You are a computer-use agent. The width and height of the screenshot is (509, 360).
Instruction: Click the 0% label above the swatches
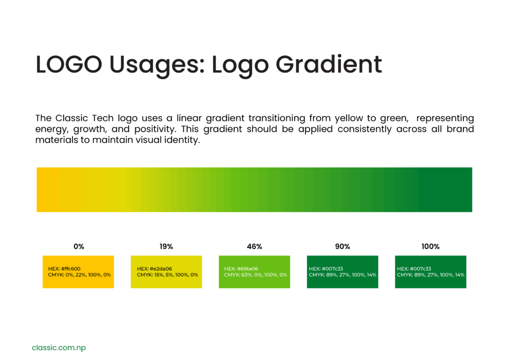coord(79,247)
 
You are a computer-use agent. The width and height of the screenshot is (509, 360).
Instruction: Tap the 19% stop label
coord(166,247)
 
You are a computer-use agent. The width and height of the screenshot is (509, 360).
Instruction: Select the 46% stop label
coord(254,247)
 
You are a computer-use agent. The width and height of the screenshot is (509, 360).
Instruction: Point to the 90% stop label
coord(342,247)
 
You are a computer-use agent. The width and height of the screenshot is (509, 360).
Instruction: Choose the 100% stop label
coord(430,247)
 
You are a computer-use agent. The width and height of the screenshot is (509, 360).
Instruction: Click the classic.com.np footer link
coord(59,348)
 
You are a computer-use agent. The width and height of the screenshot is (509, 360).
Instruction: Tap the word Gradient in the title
coord(329,65)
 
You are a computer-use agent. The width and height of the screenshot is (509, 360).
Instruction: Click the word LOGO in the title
coord(69,64)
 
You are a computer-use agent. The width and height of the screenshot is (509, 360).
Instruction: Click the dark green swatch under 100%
coord(430,271)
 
